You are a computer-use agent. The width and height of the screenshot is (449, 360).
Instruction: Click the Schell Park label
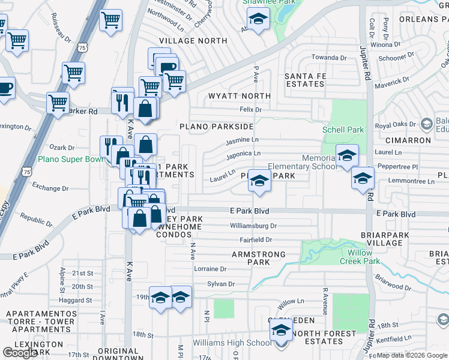(x=343, y=130)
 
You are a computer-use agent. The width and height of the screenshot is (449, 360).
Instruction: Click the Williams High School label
(x=232, y=343)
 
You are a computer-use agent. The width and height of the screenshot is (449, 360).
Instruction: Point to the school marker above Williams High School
(x=280, y=330)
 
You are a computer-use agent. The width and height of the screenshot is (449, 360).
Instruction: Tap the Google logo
(x=20, y=352)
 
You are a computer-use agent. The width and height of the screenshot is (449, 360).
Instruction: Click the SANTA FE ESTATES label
(x=304, y=80)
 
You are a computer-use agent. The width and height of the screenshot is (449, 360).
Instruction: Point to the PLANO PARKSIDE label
(x=216, y=127)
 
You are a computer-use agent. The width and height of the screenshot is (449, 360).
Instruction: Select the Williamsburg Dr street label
(x=253, y=226)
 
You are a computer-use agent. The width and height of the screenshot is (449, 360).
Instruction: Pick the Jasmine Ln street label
(x=242, y=142)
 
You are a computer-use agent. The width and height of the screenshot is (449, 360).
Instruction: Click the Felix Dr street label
(x=251, y=110)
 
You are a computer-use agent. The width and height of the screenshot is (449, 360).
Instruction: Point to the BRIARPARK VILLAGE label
(x=382, y=239)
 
